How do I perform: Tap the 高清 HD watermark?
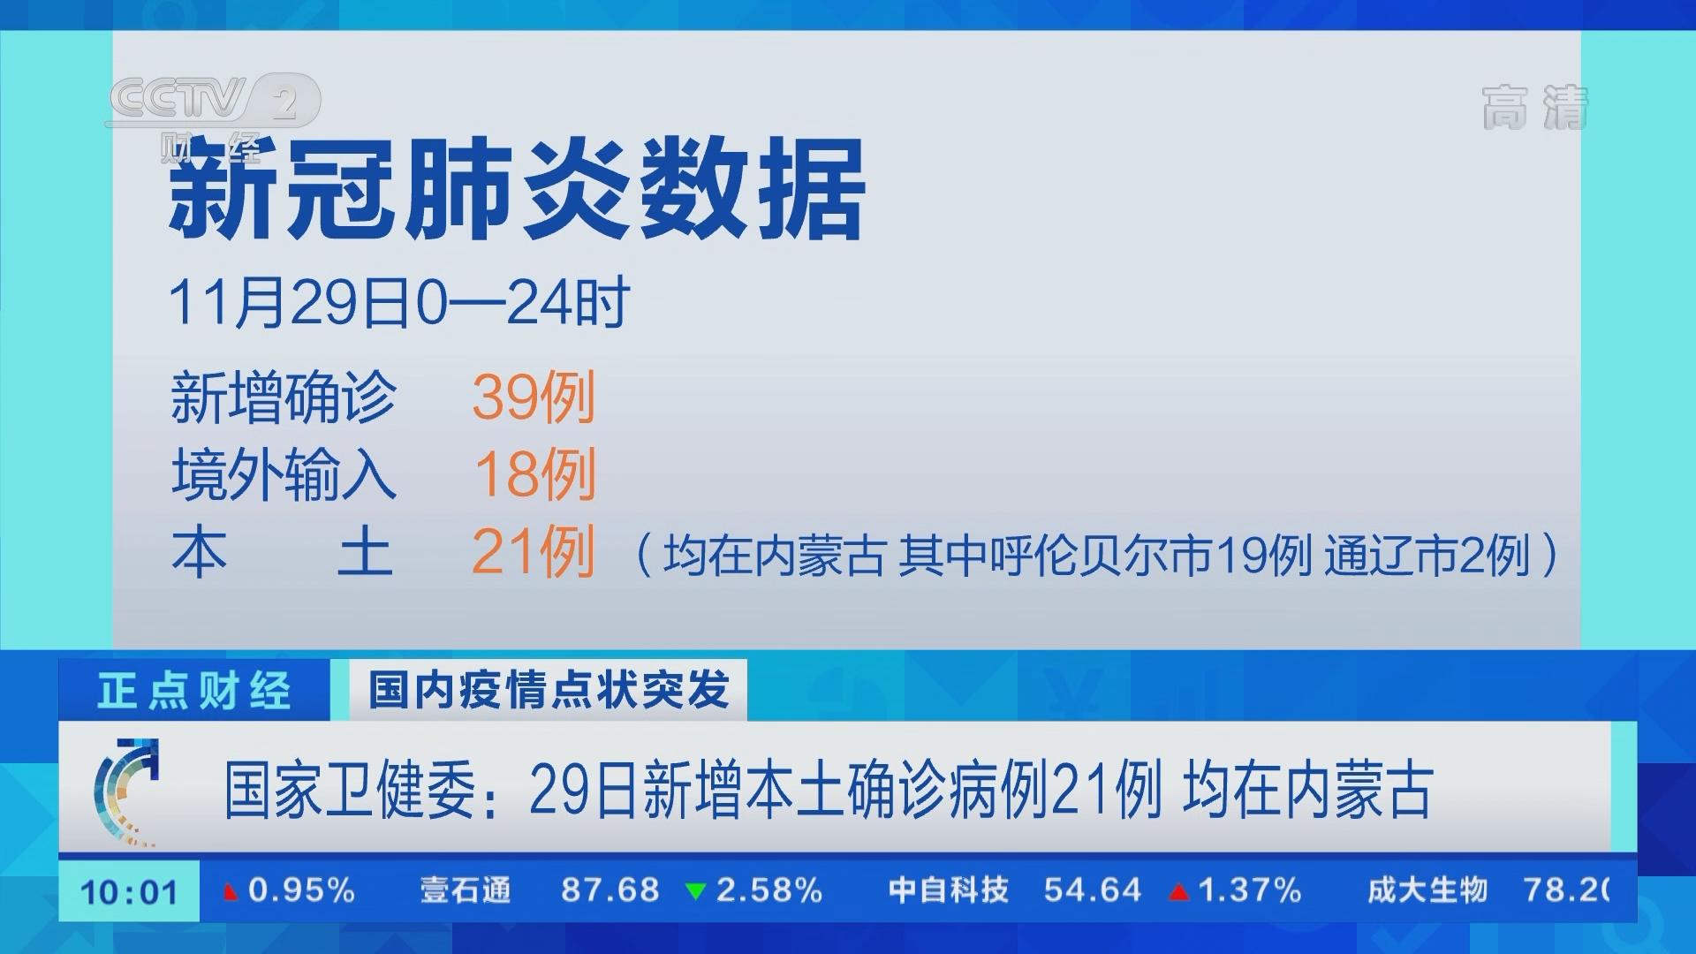(1534, 108)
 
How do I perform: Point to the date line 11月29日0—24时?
(399, 303)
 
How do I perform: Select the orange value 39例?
(534, 397)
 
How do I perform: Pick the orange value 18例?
(535, 474)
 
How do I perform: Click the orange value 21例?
(534, 552)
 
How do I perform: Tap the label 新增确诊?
(284, 397)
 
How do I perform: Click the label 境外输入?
(284, 474)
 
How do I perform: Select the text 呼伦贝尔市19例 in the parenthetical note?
(1149, 556)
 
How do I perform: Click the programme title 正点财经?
(193, 690)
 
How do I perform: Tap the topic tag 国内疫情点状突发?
(549, 689)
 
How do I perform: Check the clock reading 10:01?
(130, 892)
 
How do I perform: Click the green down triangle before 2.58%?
(696, 892)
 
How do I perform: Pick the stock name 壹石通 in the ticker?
(466, 890)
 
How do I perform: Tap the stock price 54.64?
(1093, 890)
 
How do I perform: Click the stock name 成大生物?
(1427, 890)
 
